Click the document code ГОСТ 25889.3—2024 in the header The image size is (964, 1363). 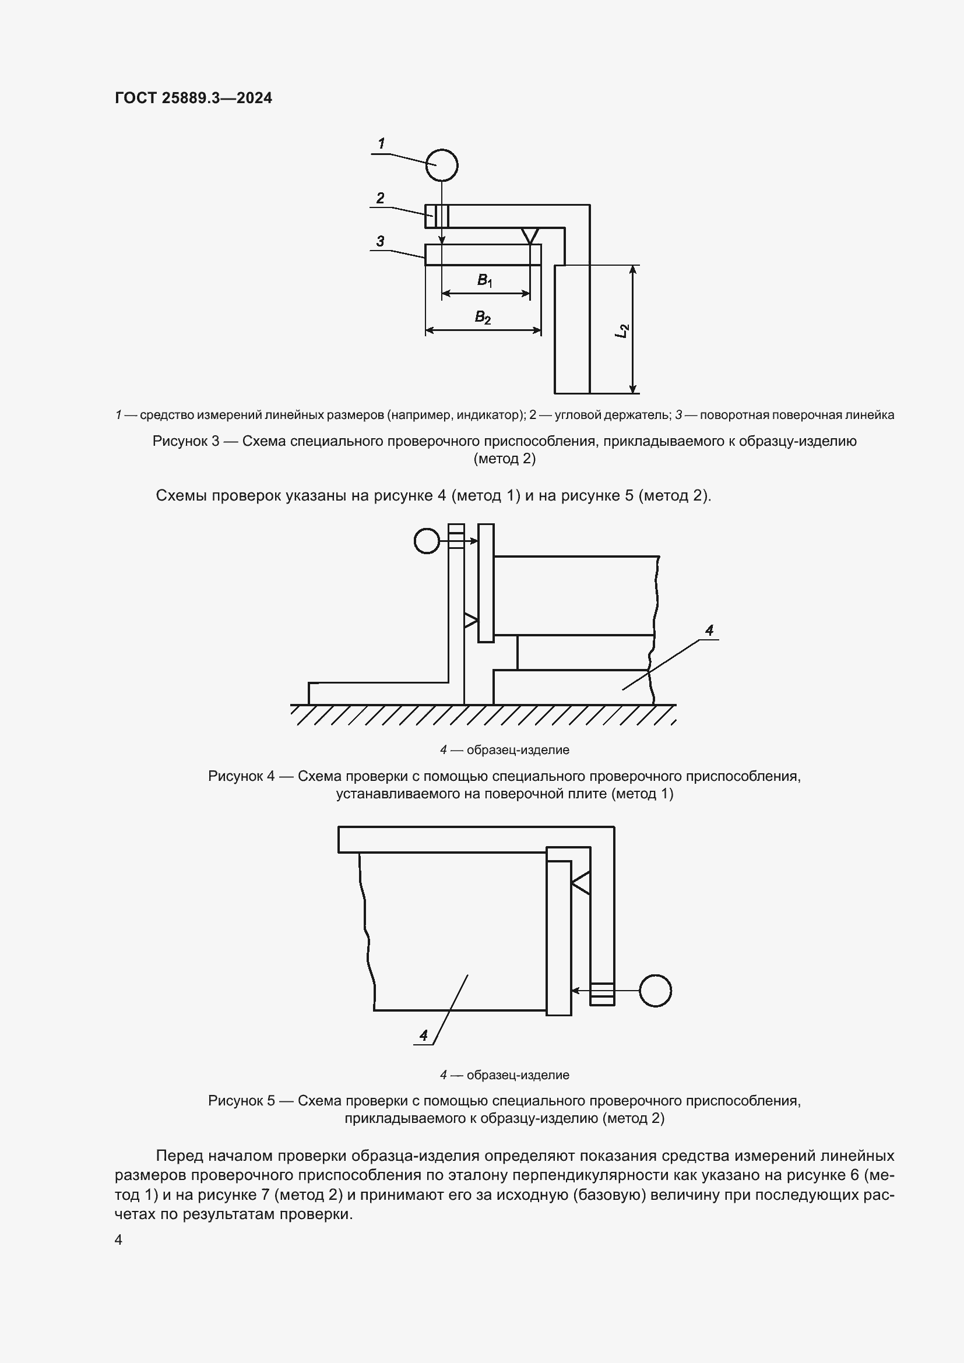coord(193,98)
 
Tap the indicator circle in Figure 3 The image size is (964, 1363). coord(442,165)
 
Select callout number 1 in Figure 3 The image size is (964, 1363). coord(381,143)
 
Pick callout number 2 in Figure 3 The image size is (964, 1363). coord(381,198)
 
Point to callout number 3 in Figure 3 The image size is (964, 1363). coord(380,241)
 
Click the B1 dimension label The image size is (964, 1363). coord(485,280)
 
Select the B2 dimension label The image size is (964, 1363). coord(483,318)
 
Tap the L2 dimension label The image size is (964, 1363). coord(621,330)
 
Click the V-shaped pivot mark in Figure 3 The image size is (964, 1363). coord(529,235)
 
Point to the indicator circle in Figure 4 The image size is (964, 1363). coord(426,541)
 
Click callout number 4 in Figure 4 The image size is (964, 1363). coord(709,631)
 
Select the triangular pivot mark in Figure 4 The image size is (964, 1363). coord(471,621)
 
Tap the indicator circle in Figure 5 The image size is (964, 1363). coord(655,991)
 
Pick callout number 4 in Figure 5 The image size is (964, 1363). coord(423,1036)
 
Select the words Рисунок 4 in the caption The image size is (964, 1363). coord(241,776)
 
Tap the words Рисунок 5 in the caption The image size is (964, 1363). coord(241,1101)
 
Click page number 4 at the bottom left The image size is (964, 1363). coord(118,1240)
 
